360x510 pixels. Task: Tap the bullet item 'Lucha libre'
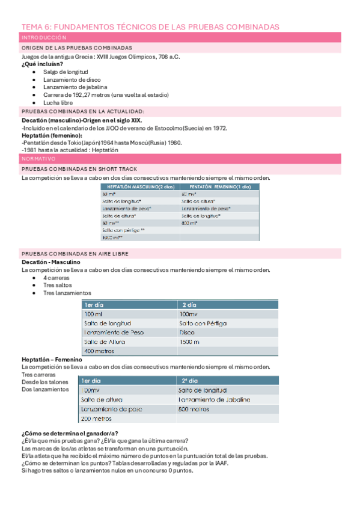coord(58,103)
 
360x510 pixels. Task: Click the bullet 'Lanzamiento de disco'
coord(72,79)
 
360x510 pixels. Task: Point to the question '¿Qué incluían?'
coord(42,64)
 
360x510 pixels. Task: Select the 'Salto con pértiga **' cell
coord(124,230)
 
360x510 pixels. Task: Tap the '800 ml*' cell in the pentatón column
coord(190,223)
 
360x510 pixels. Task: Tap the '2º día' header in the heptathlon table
coord(189,381)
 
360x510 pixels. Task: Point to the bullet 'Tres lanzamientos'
coord(67,293)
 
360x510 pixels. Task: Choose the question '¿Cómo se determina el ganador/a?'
coord(69,434)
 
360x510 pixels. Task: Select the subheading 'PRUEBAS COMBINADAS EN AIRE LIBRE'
coord(75,254)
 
